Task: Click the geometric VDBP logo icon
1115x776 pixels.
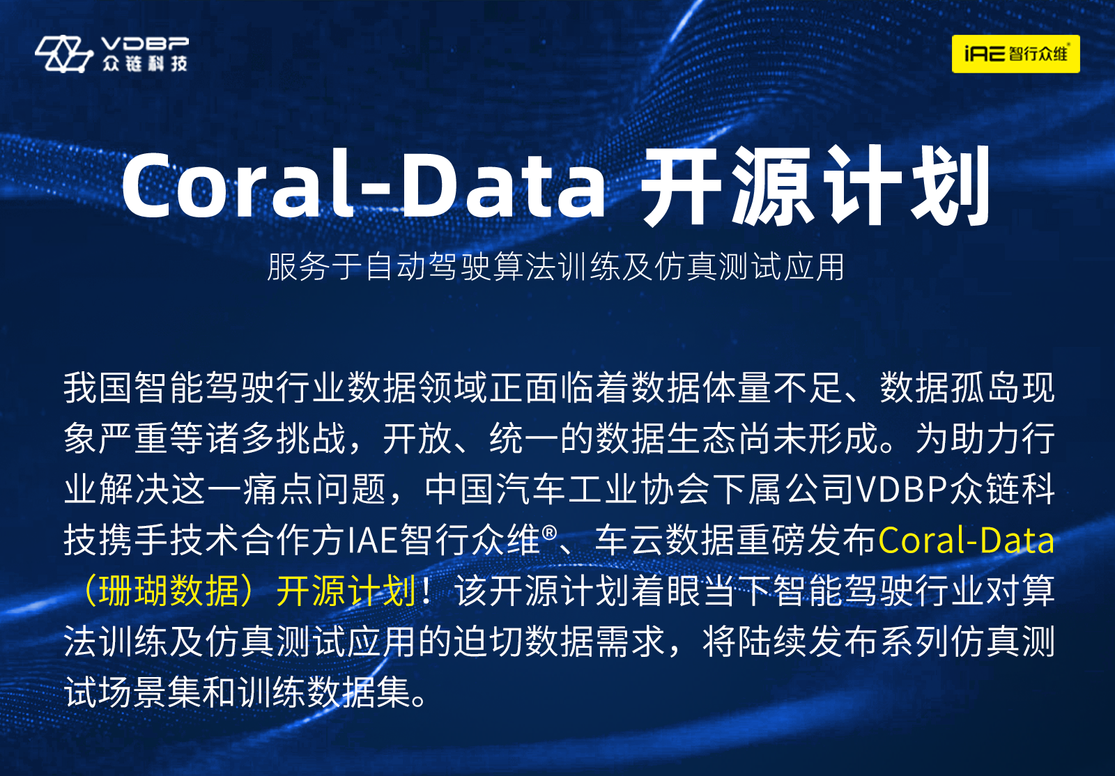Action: (x=63, y=54)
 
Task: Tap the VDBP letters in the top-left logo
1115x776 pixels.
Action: (x=145, y=44)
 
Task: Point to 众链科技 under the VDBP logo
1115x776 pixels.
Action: (x=145, y=63)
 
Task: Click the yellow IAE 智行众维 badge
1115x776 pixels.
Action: (x=1015, y=54)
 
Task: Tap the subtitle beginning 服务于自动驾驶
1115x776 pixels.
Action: (x=555, y=267)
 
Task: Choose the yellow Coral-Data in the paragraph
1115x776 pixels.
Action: (x=966, y=541)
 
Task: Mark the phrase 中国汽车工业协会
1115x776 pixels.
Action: (x=566, y=490)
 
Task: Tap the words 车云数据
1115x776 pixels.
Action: (x=665, y=541)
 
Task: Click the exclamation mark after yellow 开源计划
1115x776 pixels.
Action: (x=426, y=591)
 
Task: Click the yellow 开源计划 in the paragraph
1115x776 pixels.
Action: (x=346, y=591)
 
